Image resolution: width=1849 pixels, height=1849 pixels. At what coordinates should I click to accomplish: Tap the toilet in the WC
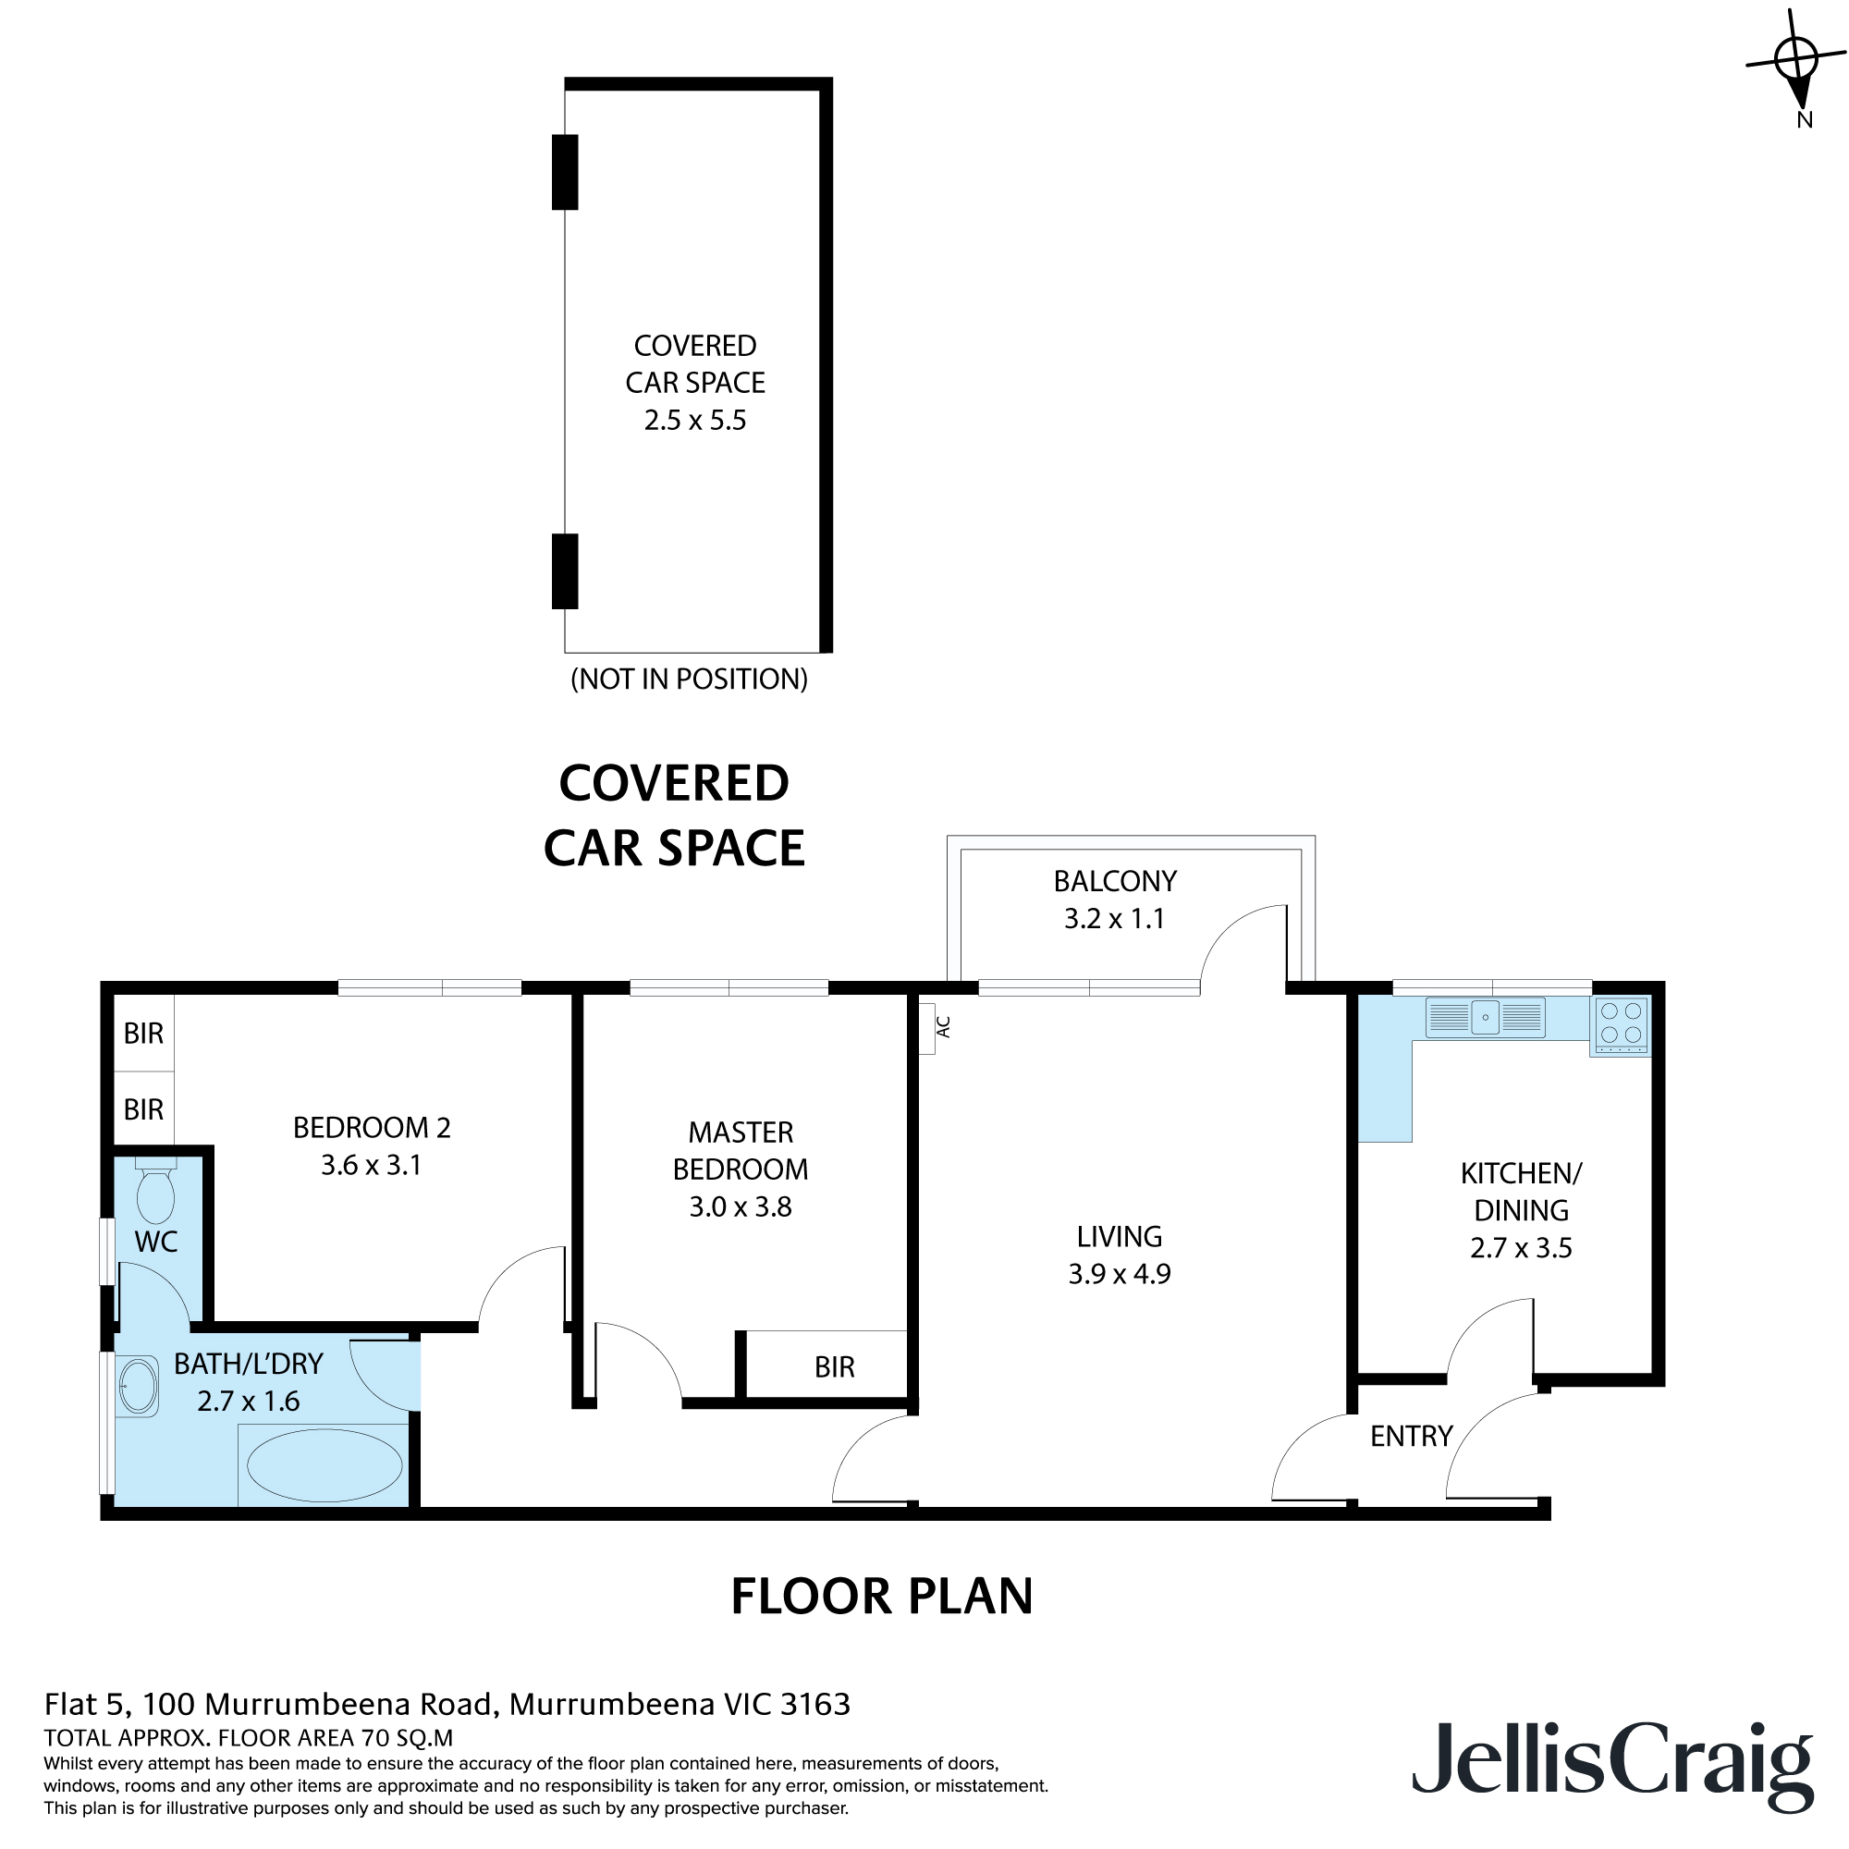[155, 1192]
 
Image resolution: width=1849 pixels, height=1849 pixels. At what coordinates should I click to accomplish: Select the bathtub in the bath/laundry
[324, 1466]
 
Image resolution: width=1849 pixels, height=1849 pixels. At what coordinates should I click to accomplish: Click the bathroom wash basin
[138, 1386]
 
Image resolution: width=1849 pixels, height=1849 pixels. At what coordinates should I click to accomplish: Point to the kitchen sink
[1485, 1017]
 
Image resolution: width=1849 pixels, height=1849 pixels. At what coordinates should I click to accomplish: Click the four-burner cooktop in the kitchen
[1621, 1023]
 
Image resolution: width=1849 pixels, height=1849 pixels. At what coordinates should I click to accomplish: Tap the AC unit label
[942, 1027]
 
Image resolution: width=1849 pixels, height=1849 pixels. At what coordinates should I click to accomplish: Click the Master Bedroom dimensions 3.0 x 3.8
[740, 1206]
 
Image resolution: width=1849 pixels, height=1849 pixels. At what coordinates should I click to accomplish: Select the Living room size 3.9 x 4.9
[1119, 1274]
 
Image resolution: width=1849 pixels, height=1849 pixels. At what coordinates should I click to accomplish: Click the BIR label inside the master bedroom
[834, 1366]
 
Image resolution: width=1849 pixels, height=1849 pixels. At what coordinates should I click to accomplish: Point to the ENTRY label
[1411, 1436]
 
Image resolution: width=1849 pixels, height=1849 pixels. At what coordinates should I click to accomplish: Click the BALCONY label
[1114, 880]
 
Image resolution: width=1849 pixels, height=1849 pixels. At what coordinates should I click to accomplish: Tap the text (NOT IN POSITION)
[688, 680]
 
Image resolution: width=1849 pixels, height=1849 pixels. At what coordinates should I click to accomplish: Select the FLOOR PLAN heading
[881, 1597]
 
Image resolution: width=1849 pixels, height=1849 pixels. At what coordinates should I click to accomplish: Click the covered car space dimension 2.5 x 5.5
[695, 420]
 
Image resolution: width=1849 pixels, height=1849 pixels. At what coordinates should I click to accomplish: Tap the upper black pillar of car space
[565, 172]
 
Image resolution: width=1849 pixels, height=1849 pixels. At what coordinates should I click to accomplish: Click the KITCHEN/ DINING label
[1520, 1192]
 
